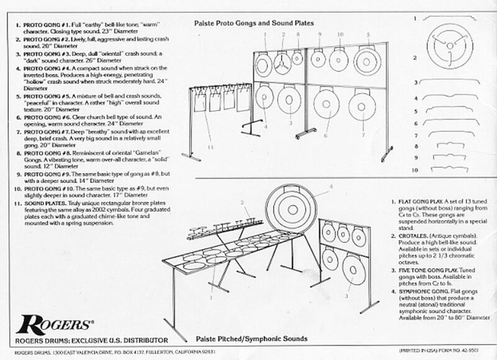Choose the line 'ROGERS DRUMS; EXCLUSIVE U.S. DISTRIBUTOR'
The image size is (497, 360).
click(x=92, y=340)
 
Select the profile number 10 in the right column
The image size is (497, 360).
click(x=416, y=169)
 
